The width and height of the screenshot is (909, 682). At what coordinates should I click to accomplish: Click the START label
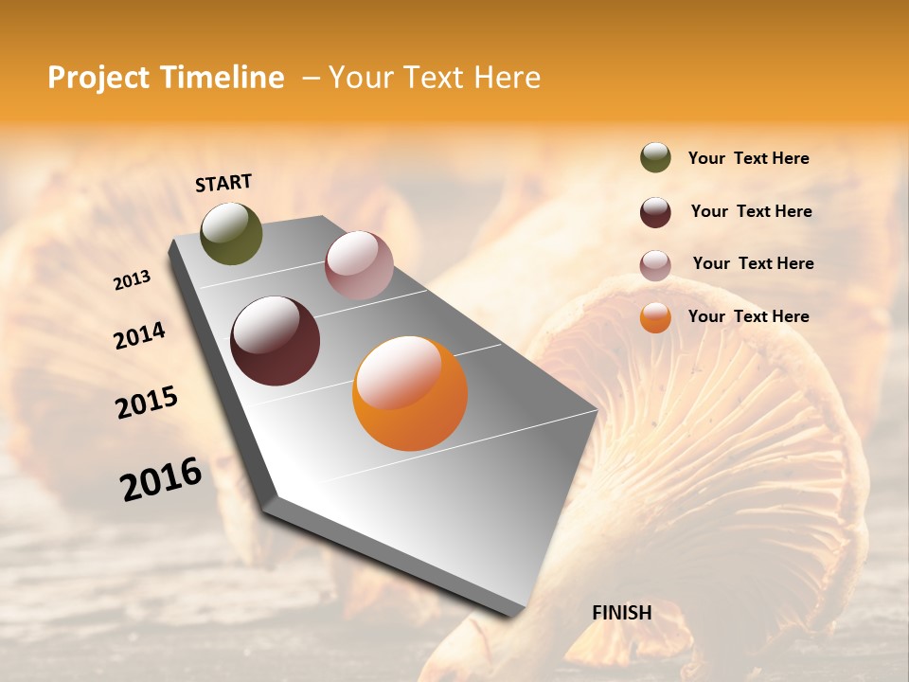coord(223,183)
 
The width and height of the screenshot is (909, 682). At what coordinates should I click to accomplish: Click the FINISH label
coord(621,613)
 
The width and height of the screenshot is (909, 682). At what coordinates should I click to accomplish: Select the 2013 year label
coord(133,280)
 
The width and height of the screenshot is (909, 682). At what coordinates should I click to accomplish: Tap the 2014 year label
coord(139,335)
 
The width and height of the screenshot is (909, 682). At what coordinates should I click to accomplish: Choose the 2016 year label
coord(161,478)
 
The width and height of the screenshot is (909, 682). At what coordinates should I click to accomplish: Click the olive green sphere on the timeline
coord(231,233)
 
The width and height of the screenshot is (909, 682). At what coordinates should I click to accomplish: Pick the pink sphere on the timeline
coord(359,265)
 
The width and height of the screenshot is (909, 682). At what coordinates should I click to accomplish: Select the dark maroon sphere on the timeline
coord(275,341)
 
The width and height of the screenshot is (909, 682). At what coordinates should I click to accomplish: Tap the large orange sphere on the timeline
coord(410,393)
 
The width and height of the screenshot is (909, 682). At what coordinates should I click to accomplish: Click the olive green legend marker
coord(655,158)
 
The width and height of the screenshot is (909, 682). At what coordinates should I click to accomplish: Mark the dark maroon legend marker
coord(655,212)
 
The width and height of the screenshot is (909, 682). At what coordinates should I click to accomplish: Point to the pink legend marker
coord(655,265)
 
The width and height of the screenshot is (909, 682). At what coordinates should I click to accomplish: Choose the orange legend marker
coord(655,317)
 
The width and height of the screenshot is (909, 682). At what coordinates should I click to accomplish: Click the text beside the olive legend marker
coord(748,159)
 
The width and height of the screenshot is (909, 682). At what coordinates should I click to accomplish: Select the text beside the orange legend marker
coord(748,316)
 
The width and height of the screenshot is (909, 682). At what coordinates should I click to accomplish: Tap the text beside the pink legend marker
coord(753,263)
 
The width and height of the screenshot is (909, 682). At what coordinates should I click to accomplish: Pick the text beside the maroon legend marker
coord(751,211)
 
